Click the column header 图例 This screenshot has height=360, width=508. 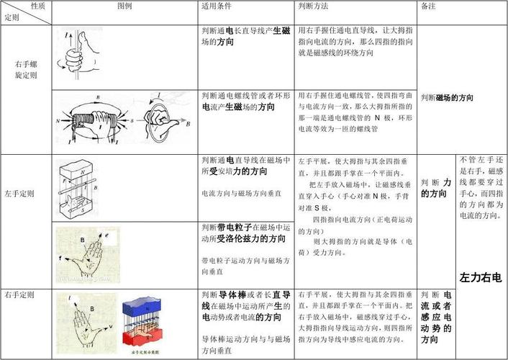[125, 6]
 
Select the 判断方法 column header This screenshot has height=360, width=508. [313, 6]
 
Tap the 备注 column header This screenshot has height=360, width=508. [428, 6]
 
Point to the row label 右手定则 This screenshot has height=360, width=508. [27, 295]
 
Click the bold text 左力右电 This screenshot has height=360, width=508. [480, 277]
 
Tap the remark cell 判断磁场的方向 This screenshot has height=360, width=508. [447, 97]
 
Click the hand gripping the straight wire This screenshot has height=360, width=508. [81, 55]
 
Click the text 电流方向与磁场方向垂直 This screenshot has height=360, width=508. [241, 194]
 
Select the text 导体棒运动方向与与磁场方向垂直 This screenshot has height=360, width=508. [246, 344]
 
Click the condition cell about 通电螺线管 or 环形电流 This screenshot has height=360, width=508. [246, 101]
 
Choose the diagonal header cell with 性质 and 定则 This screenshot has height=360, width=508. [27, 12]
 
